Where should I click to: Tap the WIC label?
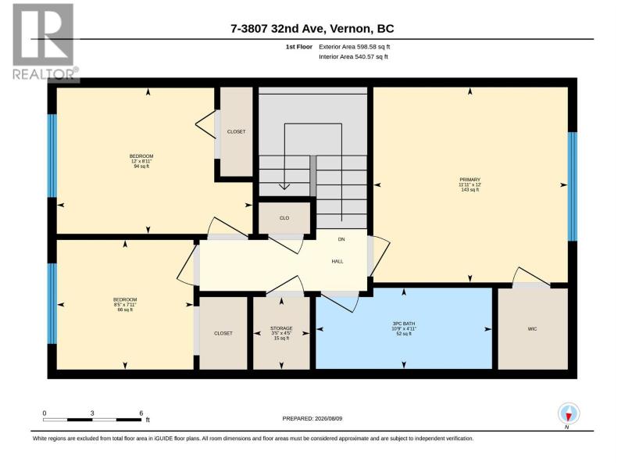point(532,329)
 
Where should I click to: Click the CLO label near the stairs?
point(284,218)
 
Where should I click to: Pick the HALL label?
point(337,262)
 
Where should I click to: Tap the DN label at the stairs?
point(341,239)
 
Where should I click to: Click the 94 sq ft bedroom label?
point(141,161)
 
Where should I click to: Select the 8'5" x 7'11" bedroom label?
point(125,305)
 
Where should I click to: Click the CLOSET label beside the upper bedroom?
point(237,131)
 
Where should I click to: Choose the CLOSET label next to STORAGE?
point(223,334)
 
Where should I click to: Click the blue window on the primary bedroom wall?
point(573,187)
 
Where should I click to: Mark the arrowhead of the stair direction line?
point(284,186)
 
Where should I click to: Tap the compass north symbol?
point(569,414)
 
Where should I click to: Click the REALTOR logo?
point(44,42)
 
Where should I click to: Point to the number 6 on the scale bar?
point(141,414)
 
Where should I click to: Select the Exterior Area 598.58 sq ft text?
point(355,47)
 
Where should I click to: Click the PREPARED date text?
point(312,419)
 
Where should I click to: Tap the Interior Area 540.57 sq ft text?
point(353,56)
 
